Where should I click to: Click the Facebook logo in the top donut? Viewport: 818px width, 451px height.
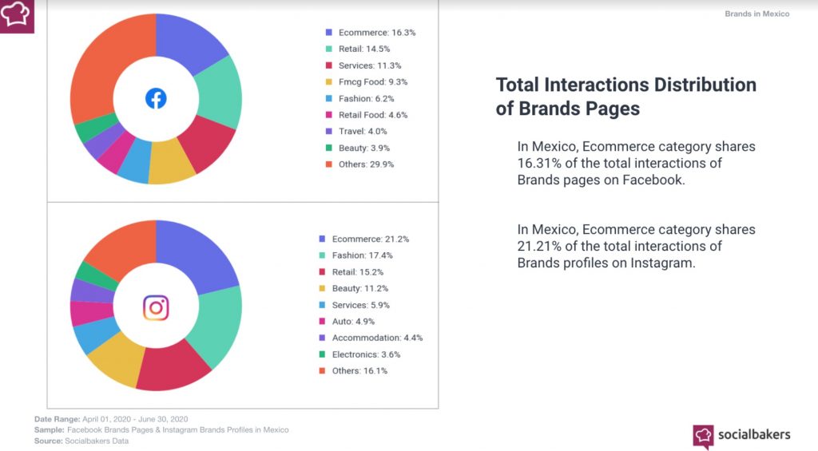(156, 99)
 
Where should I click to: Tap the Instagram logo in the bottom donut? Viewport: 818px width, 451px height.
(156, 307)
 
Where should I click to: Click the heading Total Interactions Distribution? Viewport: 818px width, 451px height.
(625, 85)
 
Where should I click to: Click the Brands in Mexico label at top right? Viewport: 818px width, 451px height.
(756, 14)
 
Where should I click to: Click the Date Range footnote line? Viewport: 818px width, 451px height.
(111, 419)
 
